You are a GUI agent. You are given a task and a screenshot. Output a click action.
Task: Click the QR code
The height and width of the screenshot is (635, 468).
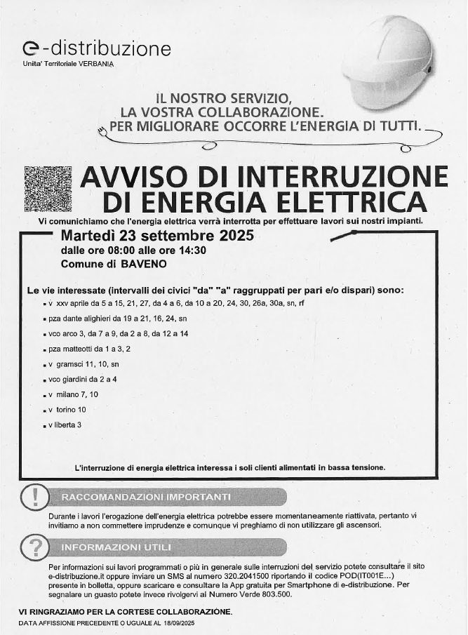click(x=48, y=189)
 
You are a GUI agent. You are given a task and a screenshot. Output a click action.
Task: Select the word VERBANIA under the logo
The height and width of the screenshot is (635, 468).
click(x=95, y=64)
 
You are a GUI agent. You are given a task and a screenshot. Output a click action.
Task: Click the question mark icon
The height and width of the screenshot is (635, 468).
click(x=34, y=547)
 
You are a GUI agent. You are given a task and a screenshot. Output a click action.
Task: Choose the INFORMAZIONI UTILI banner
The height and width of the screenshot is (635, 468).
click(x=116, y=547)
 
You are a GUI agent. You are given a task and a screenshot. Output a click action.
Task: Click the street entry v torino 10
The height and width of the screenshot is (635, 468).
click(x=67, y=410)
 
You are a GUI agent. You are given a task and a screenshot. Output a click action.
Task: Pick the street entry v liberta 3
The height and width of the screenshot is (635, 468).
click(x=65, y=425)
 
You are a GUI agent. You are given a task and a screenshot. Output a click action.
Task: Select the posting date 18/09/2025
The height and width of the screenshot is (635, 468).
click(x=177, y=623)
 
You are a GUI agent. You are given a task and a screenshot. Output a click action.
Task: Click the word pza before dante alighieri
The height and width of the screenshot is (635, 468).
click(x=55, y=318)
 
